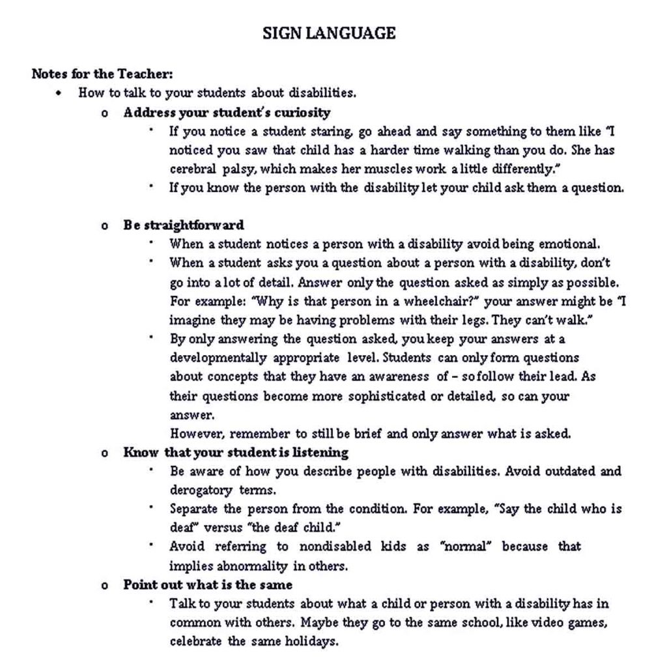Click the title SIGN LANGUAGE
329,33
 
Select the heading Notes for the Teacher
102,74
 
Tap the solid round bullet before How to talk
60,93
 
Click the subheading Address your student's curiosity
227,112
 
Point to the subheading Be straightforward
184,225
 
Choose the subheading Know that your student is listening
236,452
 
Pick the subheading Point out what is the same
208,584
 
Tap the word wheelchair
442,302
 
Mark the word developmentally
218,358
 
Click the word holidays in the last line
311,641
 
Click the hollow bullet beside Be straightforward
104,226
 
